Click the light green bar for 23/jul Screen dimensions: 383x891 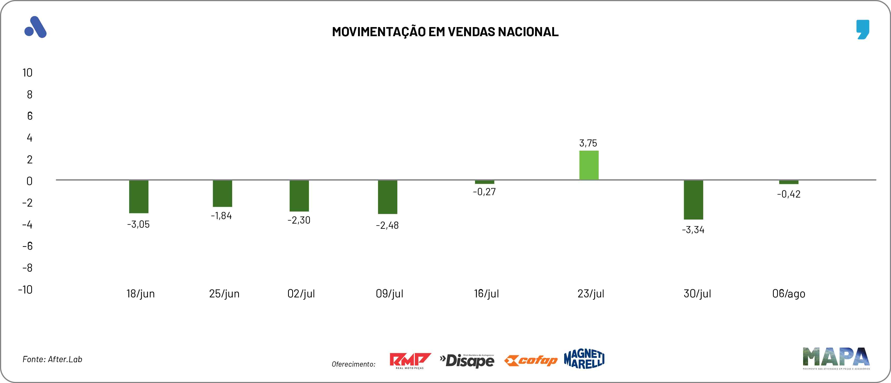pyautogui.click(x=589, y=165)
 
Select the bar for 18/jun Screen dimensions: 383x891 pyautogui.click(x=139, y=196)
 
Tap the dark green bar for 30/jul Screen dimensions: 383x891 pyautogui.click(x=693, y=200)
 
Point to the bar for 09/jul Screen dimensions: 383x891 pyautogui.click(x=387, y=197)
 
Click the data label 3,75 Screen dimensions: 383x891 pyautogui.click(x=588, y=143)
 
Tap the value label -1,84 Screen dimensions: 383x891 pyautogui.click(x=221, y=216)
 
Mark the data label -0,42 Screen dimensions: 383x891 pyautogui.click(x=789, y=194)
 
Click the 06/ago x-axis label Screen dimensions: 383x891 pyautogui.click(x=789, y=294)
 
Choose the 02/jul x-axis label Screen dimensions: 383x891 pyautogui.click(x=301, y=294)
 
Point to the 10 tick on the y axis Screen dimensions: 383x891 pyautogui.click(x=27, y=73)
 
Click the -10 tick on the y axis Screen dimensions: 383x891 pyautogui.click(x=25, y=290)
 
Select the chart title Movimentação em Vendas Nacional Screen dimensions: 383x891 pyautogui.click(x=445, y=32)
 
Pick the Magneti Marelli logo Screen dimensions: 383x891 pyautogui.click(x=584, y=359)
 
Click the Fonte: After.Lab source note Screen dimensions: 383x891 pyautogui.click(x=52, y=359)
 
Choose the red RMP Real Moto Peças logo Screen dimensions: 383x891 pyautogui.click(x=410, y=360)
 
